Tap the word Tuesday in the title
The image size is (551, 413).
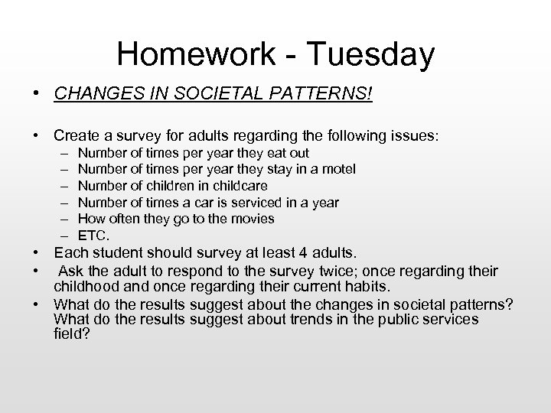[373, 54]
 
